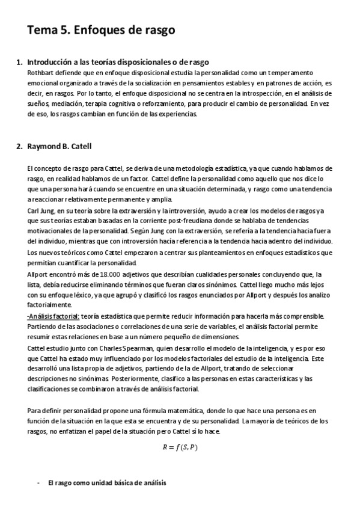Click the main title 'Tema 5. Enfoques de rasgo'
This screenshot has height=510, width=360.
(100, 31)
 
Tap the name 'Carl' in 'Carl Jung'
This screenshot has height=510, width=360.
(34, 210)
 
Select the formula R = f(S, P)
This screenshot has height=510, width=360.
(180, 447)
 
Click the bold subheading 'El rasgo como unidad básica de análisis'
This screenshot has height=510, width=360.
(107, 483)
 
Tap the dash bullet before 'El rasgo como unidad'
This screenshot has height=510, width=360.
(38, 483)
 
